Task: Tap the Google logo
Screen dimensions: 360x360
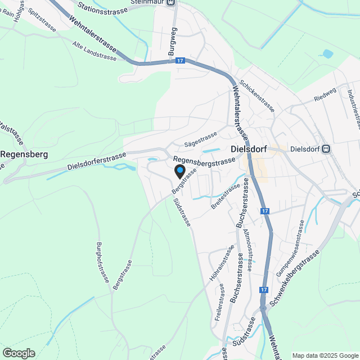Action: coord(19,353)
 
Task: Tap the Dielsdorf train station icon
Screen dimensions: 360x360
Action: coord(326,149)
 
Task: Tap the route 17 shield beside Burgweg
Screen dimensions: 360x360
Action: coord(179,60)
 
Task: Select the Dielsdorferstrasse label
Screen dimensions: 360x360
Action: coord(96,162)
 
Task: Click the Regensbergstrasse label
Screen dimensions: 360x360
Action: coord(204,162)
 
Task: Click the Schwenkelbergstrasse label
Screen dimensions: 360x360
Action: coord(294,278)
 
